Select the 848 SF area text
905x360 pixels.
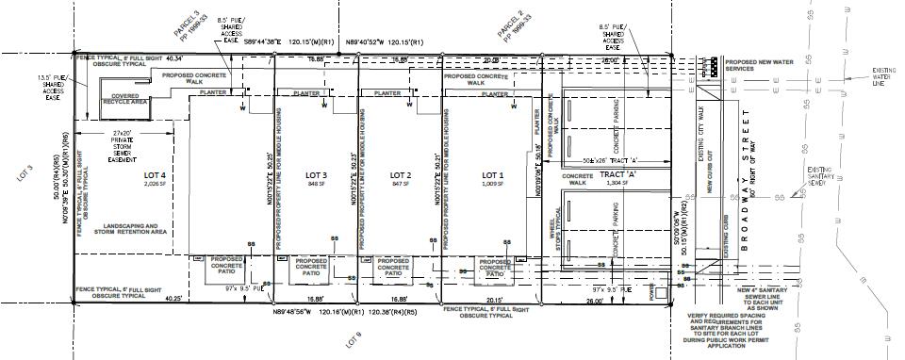(x=317, y=185)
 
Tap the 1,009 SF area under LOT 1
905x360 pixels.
(x=494, y=185)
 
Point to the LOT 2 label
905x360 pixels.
(x=401, y=176)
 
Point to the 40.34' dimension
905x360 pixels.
(x=177, y=58)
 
